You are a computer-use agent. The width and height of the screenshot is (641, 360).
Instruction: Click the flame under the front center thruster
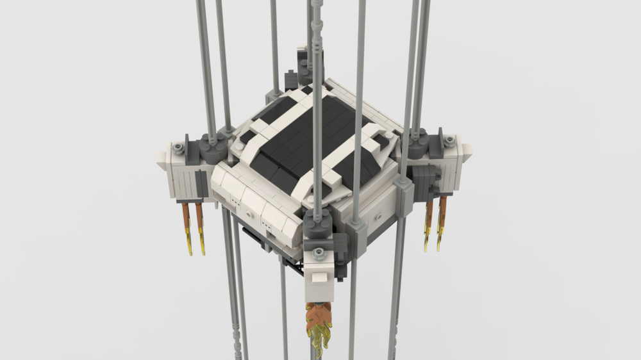coord(317,321)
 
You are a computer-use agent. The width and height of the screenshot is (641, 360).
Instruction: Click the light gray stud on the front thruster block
coord(318,252)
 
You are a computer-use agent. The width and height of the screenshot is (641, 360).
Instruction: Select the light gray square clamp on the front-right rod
coord(403,186)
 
